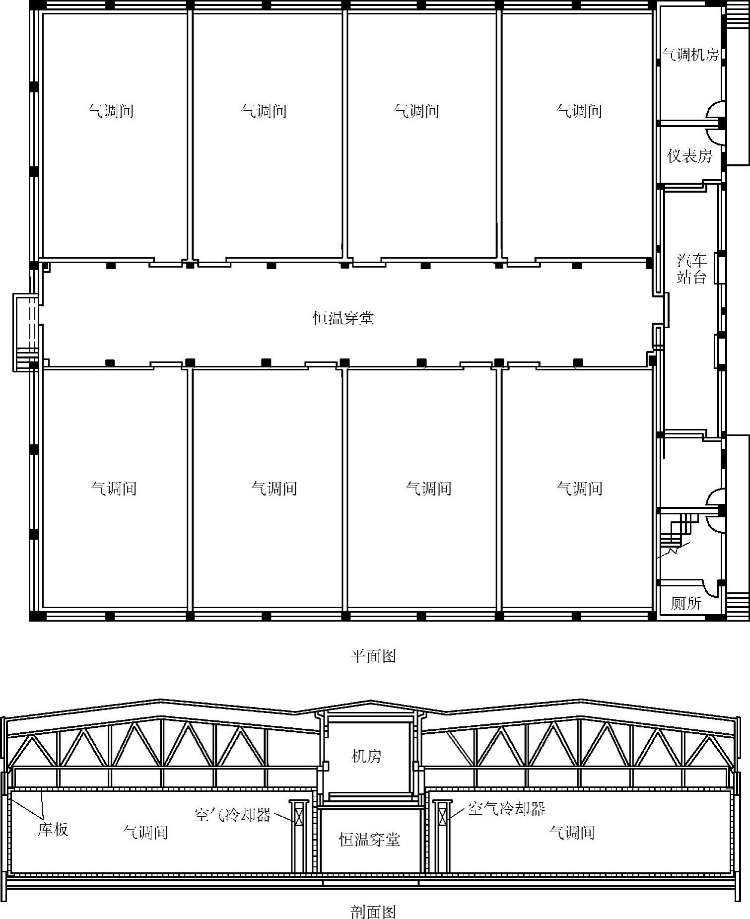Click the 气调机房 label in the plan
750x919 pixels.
pos(690,54)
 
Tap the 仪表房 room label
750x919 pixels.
pos(690,156)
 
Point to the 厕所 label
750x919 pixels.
pos(686,603)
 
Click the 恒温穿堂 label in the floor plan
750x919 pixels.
pos(343,318)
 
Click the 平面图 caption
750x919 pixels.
pos(373,656)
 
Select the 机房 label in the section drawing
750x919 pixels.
pos(366,756)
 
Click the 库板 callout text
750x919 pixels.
pos(53,829)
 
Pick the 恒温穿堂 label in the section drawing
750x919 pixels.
pos(369,840)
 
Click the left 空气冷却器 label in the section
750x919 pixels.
pos(232,815)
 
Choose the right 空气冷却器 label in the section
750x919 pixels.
pos(506,809)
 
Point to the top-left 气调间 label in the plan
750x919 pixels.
pos(111,110)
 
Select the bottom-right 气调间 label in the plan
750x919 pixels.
pos(579,488)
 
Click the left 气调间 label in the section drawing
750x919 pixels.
pos(145,832)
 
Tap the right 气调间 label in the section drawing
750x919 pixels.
pos(572,832)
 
